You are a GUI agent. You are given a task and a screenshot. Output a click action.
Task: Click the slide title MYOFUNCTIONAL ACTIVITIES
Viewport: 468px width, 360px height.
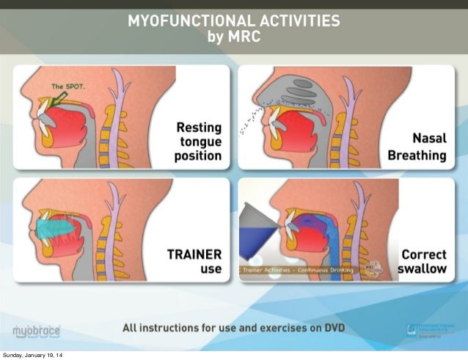[234, 21]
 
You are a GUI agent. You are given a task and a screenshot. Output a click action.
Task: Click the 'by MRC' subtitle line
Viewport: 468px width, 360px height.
[234, 36]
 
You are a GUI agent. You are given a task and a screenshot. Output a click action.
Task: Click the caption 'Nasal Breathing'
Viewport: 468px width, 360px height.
[417, 147]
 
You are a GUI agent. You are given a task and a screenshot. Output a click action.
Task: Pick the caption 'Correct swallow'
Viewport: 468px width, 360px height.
[422, 262]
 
